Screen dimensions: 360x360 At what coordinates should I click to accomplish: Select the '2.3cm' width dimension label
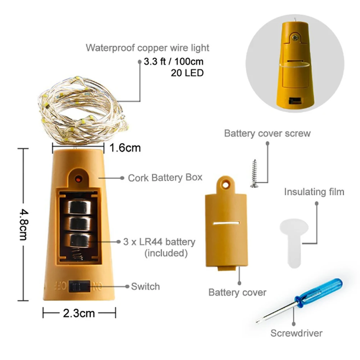coord(79,313)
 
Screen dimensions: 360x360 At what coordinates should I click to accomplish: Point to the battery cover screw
coord(255,173)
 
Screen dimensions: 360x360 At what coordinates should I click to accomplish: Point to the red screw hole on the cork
coord(78,178)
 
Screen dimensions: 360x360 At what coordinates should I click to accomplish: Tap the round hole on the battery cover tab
coord(226,184)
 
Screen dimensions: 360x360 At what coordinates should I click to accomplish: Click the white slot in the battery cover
coord(226,224)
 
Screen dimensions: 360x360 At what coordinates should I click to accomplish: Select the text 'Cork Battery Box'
coord(165,177)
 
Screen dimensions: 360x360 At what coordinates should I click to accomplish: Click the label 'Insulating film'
coord(314,192)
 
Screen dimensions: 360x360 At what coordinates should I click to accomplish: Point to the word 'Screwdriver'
coord(296,333)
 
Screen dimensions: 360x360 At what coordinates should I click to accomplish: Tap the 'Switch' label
coord(145,287)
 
